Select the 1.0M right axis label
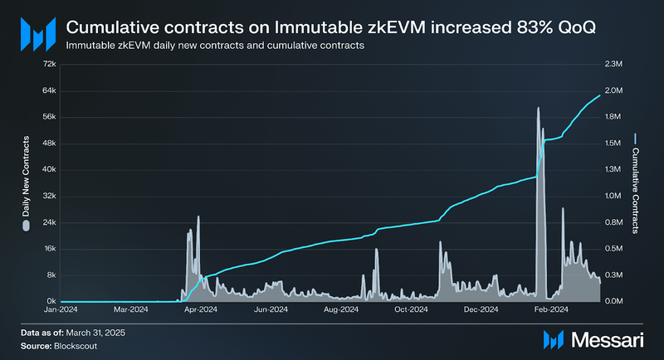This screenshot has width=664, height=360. tap(613, 196)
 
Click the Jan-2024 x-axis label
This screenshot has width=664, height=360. tap(61, 309)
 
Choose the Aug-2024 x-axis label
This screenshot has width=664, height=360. tap(340, 309)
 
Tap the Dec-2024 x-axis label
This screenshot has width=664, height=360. tap(480, 309)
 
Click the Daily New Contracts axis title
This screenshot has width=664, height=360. tap(26, 181)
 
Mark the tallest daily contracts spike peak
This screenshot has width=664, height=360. tap(539, 108)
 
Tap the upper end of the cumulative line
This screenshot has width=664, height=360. tap(599, 95)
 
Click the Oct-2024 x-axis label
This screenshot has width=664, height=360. tap(410, 309)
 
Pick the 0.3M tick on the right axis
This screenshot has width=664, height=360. tap(613, 275)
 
